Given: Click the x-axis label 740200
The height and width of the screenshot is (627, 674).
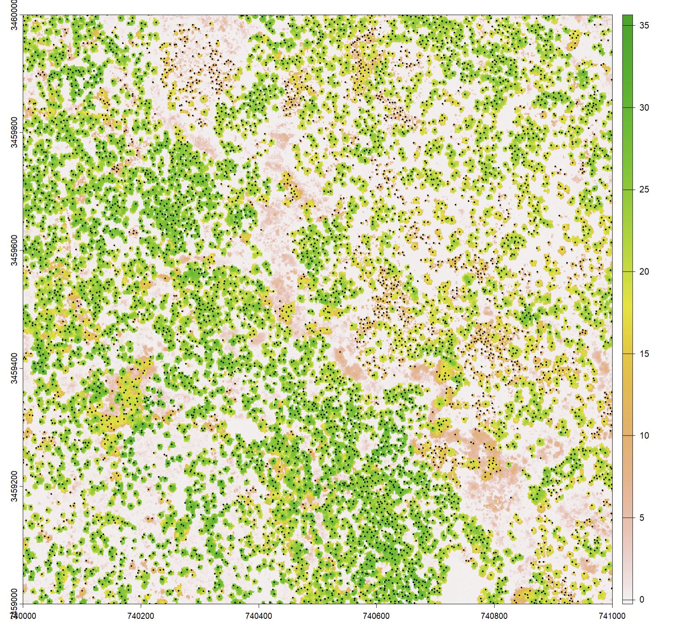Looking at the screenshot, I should (141, 616).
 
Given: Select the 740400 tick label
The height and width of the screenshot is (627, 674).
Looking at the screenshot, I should (259, 616).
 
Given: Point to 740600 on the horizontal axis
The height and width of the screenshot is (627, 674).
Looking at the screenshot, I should (376, 616).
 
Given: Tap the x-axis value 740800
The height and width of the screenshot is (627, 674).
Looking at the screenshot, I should (494, 616).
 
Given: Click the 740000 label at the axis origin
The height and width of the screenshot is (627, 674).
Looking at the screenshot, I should (23, 616).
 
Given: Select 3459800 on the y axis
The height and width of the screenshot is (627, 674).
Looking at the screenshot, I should (13, 133).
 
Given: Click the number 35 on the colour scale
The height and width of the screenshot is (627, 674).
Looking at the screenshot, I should (644, 26).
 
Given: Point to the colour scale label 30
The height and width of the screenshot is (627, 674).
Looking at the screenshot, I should (644, 108).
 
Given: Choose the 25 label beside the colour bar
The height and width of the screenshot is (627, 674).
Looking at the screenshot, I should (644, 190).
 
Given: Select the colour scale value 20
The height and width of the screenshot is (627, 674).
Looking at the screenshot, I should (644, 272).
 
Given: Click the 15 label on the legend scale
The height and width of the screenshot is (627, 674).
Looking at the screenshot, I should (644, 354).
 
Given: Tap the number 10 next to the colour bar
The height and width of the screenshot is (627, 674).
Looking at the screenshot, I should (644, 436).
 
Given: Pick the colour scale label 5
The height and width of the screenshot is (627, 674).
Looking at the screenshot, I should (642, 518).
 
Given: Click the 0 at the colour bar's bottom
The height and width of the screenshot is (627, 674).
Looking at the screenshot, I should (642, 600).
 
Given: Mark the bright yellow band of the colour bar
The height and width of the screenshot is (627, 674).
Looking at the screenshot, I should (627, 309).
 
